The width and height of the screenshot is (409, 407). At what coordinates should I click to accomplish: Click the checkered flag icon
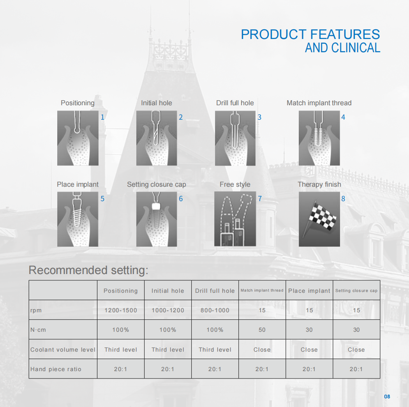(321, 218)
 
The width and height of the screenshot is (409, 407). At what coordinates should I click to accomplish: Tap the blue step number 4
(343, 117)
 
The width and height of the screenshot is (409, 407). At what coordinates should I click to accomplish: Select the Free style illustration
(235, 219)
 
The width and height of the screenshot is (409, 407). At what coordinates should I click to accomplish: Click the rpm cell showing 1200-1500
(120, 310)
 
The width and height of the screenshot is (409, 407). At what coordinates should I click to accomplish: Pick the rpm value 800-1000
(215, 310)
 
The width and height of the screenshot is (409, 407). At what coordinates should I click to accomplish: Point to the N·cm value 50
(262, 330)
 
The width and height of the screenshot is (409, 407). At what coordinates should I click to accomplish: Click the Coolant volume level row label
(63, 350)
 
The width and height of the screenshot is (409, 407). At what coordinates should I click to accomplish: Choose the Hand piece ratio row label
(56, 369)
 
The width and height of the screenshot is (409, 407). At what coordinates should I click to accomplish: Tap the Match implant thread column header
(262, 290)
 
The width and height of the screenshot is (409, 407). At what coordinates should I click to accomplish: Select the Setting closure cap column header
(356, 290)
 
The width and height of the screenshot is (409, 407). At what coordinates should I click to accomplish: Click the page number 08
(387, 396)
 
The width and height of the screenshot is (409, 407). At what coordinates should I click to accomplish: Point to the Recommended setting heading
(88, 270)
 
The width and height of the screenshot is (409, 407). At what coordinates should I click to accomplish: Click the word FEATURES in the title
(345, 34)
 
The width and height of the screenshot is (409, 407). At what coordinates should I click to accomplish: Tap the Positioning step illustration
(78, 138)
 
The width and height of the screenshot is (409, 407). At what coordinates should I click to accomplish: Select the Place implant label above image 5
(78, 184)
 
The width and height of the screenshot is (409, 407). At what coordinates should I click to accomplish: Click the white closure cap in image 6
(156, 206)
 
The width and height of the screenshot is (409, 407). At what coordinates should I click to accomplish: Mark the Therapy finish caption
(319, 184)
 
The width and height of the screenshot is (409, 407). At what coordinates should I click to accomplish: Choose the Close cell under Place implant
(309, 350)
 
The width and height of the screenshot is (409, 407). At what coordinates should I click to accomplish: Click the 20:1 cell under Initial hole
(168, 369)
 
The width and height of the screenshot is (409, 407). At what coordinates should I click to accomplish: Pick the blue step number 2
(180, 117)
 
